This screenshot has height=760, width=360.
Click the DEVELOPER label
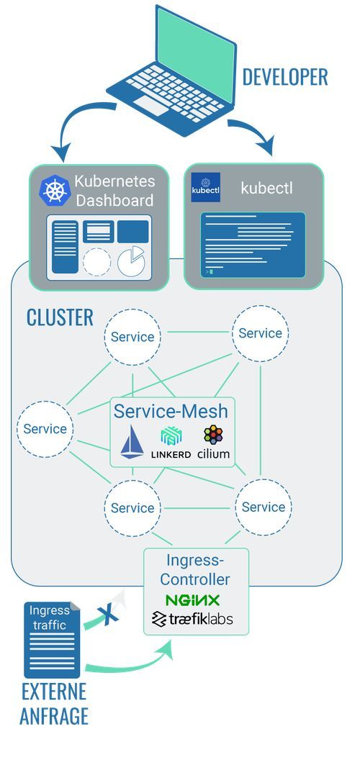(x=284, y=77)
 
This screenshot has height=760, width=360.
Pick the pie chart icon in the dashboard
(x=131, y=260)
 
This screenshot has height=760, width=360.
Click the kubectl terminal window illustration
(x=252, y=245)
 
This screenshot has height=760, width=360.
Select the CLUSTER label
(x=60, y=317)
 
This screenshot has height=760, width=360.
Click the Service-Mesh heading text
(x=171, y=412)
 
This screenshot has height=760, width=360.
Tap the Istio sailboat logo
(x=132, y=442)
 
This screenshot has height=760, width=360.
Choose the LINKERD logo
(x=171, y=443)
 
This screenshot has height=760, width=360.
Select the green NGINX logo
(x=192, y=600)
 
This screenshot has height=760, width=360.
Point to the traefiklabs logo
(x=192, y=619)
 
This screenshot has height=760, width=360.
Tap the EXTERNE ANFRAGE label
(x=54, y=704)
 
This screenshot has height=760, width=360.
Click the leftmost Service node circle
(x=45, y=429)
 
